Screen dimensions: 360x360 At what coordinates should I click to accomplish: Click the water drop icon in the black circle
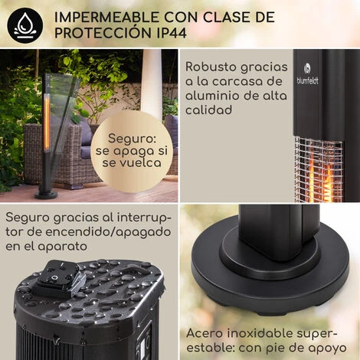25,25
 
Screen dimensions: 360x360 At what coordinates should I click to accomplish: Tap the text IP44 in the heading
172,33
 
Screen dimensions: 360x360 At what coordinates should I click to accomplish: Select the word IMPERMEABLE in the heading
106,18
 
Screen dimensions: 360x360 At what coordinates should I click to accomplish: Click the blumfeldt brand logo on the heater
307,74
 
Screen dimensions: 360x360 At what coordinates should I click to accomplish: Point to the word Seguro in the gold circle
132,139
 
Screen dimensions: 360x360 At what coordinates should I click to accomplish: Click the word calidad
209,110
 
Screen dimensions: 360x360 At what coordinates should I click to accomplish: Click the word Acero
205,333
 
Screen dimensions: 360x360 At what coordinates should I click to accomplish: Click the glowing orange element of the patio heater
47,123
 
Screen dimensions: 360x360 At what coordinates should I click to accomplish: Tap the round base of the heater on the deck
46,195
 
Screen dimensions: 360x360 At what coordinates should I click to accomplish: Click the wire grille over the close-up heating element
319,169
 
